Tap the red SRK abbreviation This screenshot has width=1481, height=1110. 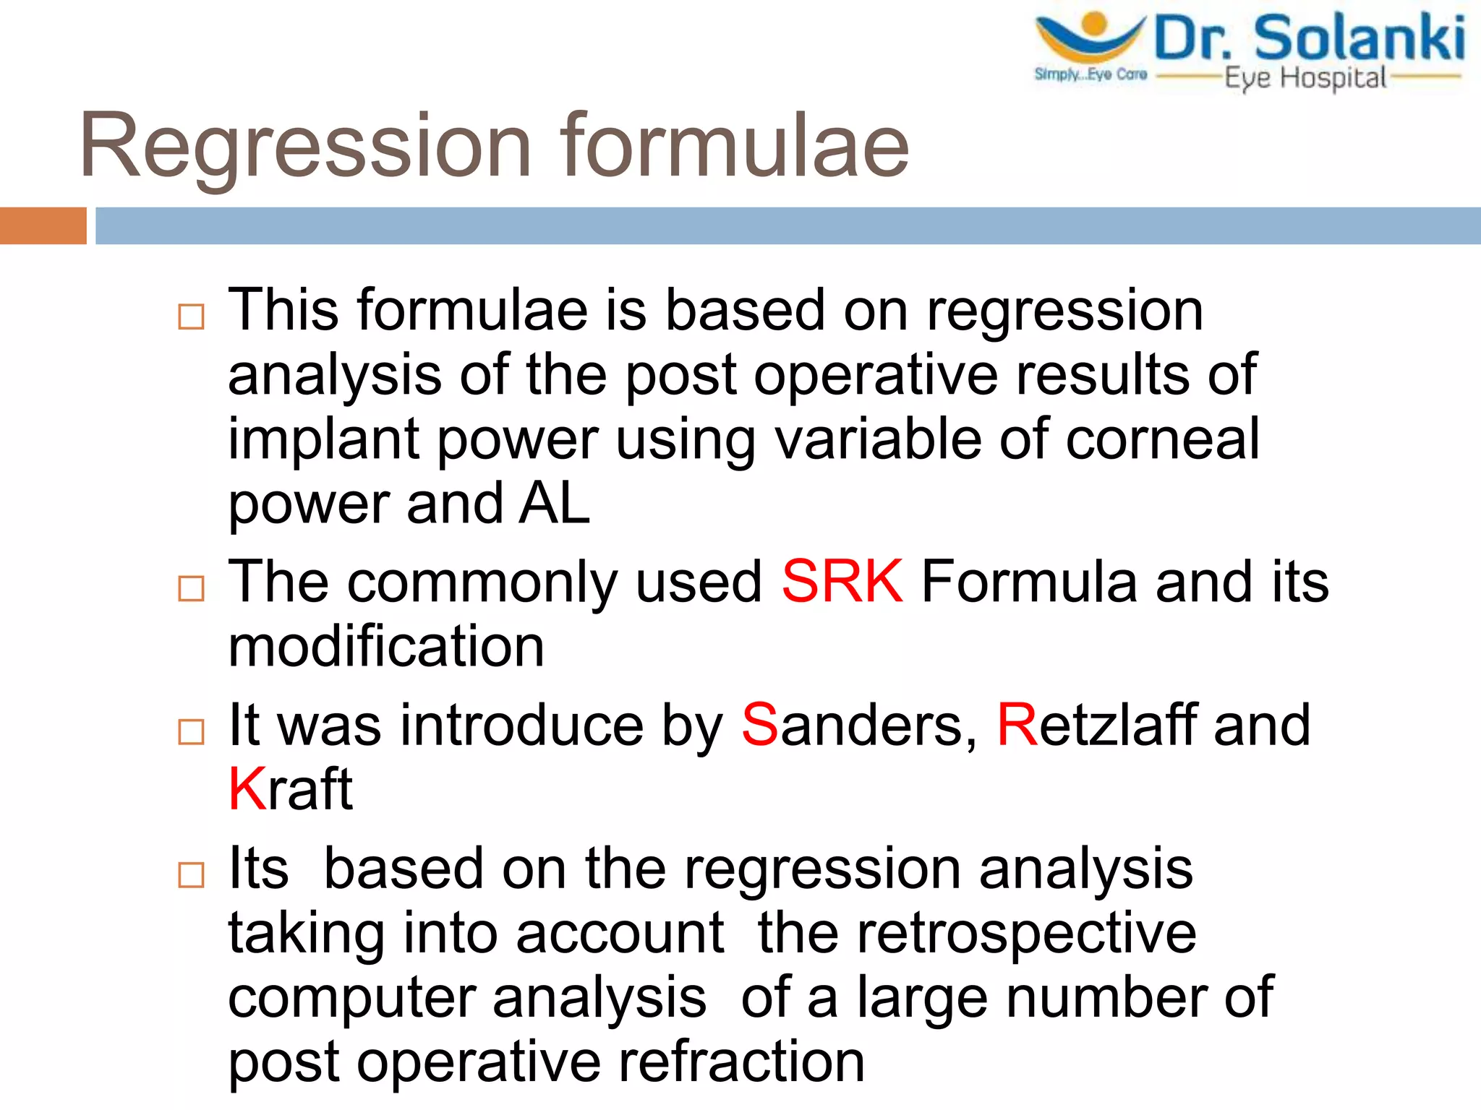(842, 582)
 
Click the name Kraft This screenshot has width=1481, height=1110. (290, 789)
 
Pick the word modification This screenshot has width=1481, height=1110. (385, 647)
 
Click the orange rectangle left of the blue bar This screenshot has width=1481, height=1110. (43, 225)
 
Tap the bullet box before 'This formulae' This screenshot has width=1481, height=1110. (191, 317)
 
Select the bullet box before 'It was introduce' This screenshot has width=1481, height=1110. (191, 731)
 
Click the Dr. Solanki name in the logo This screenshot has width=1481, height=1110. (1310, 38)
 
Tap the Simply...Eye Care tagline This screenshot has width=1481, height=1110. (1091, 74)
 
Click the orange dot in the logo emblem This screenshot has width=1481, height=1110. (1095, 24)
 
